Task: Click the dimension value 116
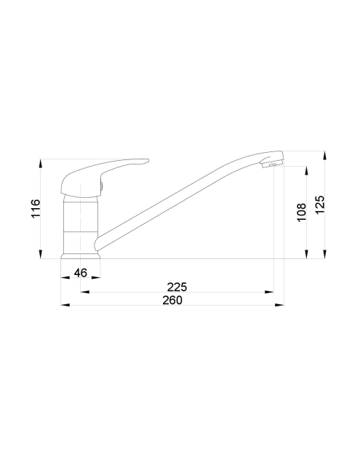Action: tap(35, 208)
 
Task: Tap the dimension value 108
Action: tap(302, 212)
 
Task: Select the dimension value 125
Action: tap(319, 204)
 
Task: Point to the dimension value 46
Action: tap(81, 273)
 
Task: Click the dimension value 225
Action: tap(177, 287)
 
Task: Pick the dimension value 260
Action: tap(172, 300)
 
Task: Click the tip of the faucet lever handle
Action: tap(148, 160)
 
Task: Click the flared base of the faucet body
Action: tap(81, 256)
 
